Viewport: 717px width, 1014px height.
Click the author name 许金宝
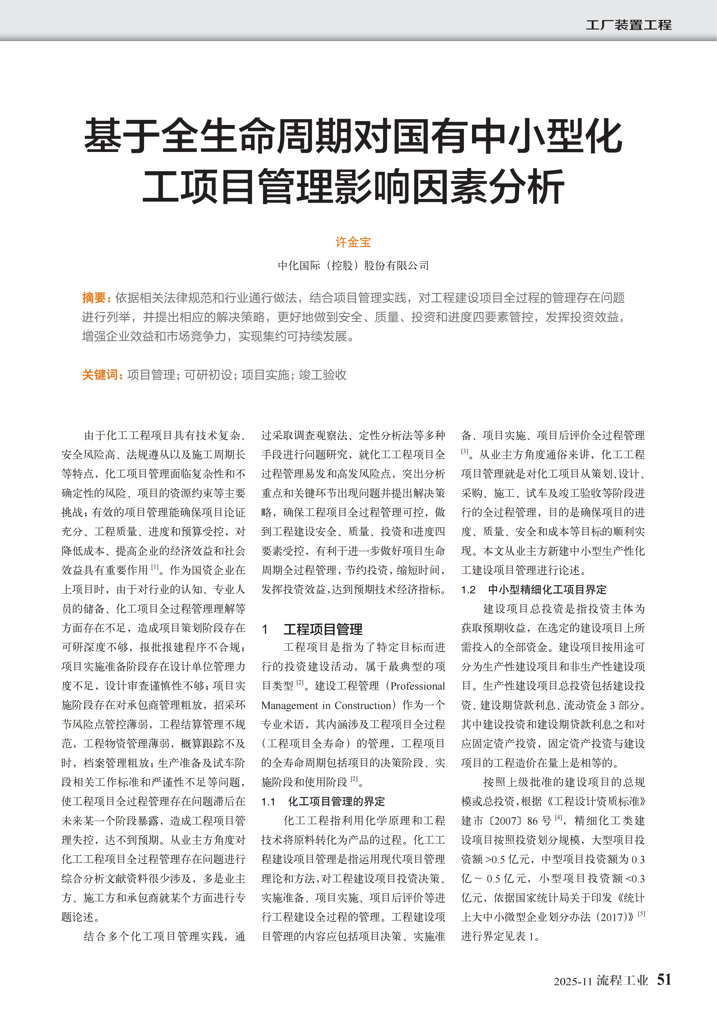click(353, 242)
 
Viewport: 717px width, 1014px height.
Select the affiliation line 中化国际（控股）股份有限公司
click(353, 266)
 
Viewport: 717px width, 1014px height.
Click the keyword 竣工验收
click(323, 375)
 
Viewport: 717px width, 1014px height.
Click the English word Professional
click(418, 686)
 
